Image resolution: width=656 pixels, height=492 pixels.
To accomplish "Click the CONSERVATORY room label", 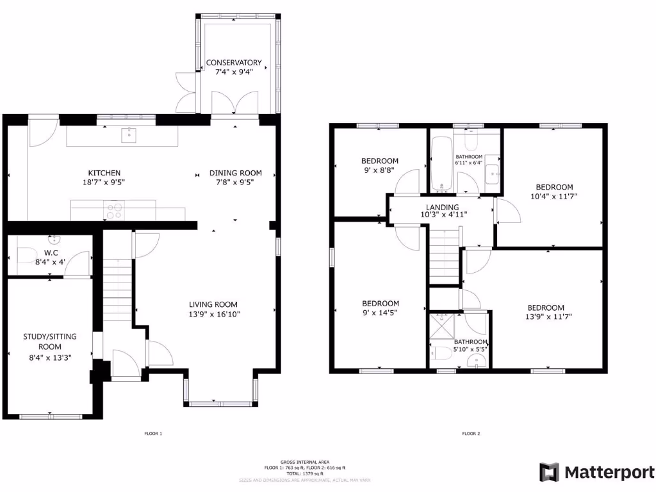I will (234, 63).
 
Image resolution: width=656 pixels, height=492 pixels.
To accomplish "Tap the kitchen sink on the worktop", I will (130, 134).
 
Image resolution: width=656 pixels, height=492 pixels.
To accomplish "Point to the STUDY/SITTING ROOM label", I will (47, 341).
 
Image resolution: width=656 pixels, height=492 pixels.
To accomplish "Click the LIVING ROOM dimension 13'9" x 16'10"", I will (213, 315).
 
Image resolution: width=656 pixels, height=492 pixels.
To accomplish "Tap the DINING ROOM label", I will (236, 173).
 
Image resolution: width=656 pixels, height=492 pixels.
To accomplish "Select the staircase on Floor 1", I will (117, 288).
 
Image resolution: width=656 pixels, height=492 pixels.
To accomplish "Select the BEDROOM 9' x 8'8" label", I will (380, 161).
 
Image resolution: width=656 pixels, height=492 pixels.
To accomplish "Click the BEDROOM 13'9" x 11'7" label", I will (546, 307).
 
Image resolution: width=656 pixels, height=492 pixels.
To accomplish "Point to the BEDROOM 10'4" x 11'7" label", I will (552, 187).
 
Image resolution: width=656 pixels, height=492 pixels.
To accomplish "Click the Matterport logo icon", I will (549, 472).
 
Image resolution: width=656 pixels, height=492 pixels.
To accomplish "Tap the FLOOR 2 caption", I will (471, 434).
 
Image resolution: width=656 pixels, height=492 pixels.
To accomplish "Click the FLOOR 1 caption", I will (153, 434).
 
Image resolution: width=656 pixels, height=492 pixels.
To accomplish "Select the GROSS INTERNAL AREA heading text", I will (304, 462).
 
